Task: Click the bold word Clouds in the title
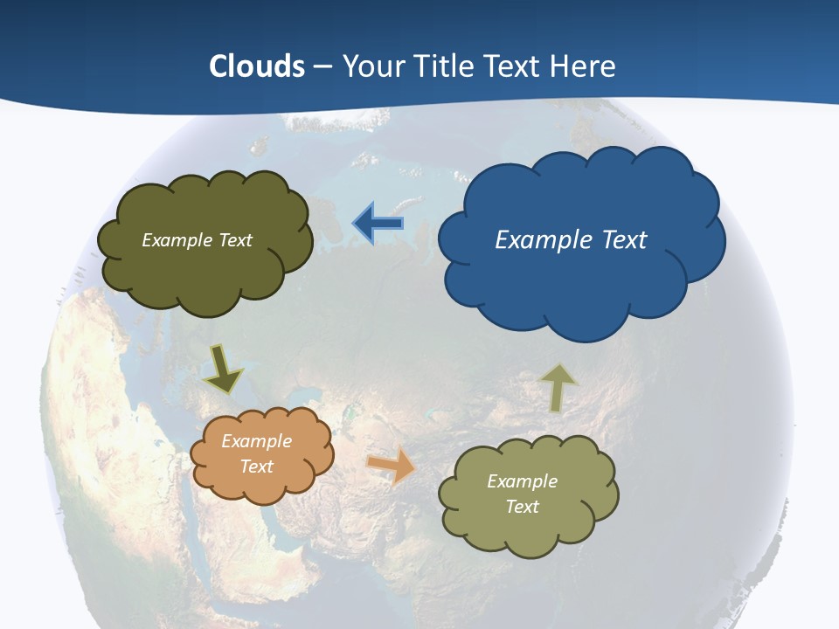click(x=257, y=66)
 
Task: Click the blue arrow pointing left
click(x=378, y=224)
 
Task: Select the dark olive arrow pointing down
click(x=224, y=370)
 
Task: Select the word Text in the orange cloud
click(x=257, y=467)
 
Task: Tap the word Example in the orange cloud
click(x=257, y=441)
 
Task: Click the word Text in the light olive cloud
click(x=523, y=507)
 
